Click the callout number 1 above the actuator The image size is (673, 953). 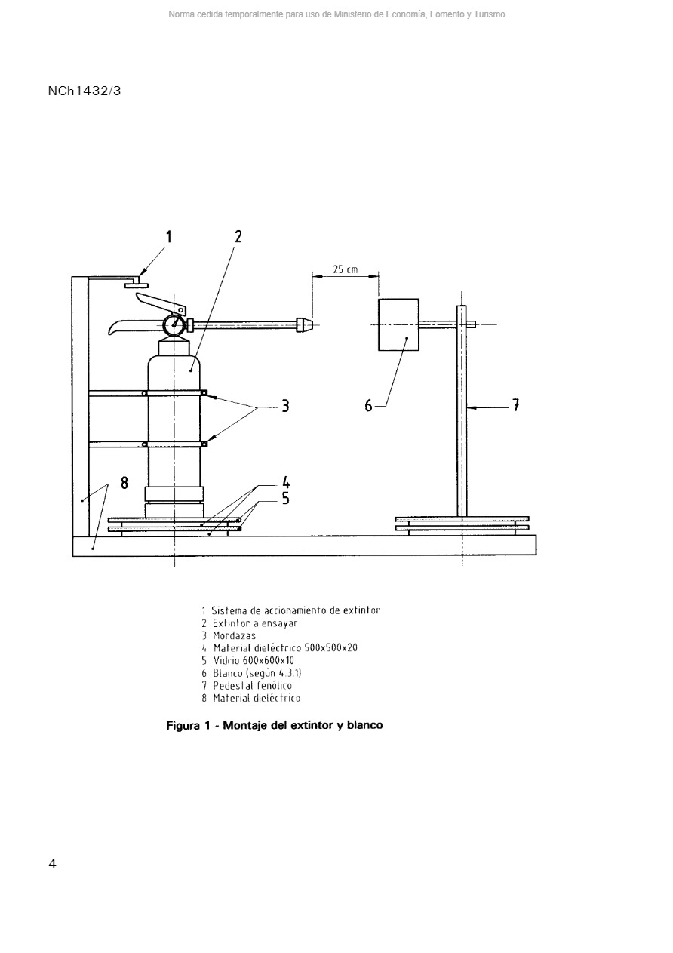[x=168, y=237]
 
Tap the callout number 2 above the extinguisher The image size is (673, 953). [x=238, y=237]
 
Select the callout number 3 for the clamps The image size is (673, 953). [x=285, y=406]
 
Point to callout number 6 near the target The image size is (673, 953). [x=369, y=406]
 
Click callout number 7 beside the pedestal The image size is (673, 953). [x=515, y=406]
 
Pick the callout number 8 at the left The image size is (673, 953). [x=124, y=485]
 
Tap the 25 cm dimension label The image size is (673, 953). [x=346, y=269]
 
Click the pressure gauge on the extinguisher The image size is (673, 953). [x=174, y=324]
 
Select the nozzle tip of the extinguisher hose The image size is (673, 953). [x=305, y=325]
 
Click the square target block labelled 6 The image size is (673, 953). [x=398, y=324]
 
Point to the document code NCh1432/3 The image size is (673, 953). [x=85, y=91]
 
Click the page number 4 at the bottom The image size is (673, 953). [x=52, y=865]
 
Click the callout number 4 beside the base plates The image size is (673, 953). [x=285, y=483]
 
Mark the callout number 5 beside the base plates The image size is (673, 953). [x=285, y=499]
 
